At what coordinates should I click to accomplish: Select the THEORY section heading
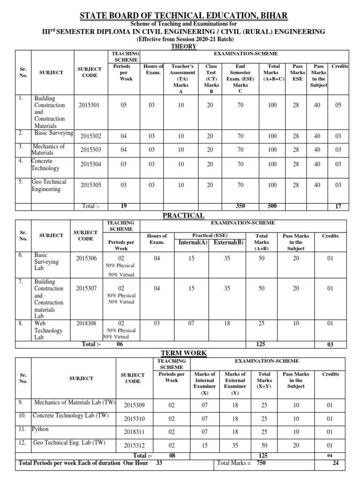click(x=180, y=47)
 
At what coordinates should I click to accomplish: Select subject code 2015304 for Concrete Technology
click(x=91, y=164)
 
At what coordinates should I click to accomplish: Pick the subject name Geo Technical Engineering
click(x=49, y=185)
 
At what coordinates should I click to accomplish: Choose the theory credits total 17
click(x=338, y=207)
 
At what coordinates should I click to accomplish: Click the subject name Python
click(x=40, y=429)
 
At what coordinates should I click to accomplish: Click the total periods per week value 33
click(x=159, y=463)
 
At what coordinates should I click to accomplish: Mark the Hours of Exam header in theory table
click(x=153, y=69)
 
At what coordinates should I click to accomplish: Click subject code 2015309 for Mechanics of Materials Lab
click(x=133, y=405)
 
